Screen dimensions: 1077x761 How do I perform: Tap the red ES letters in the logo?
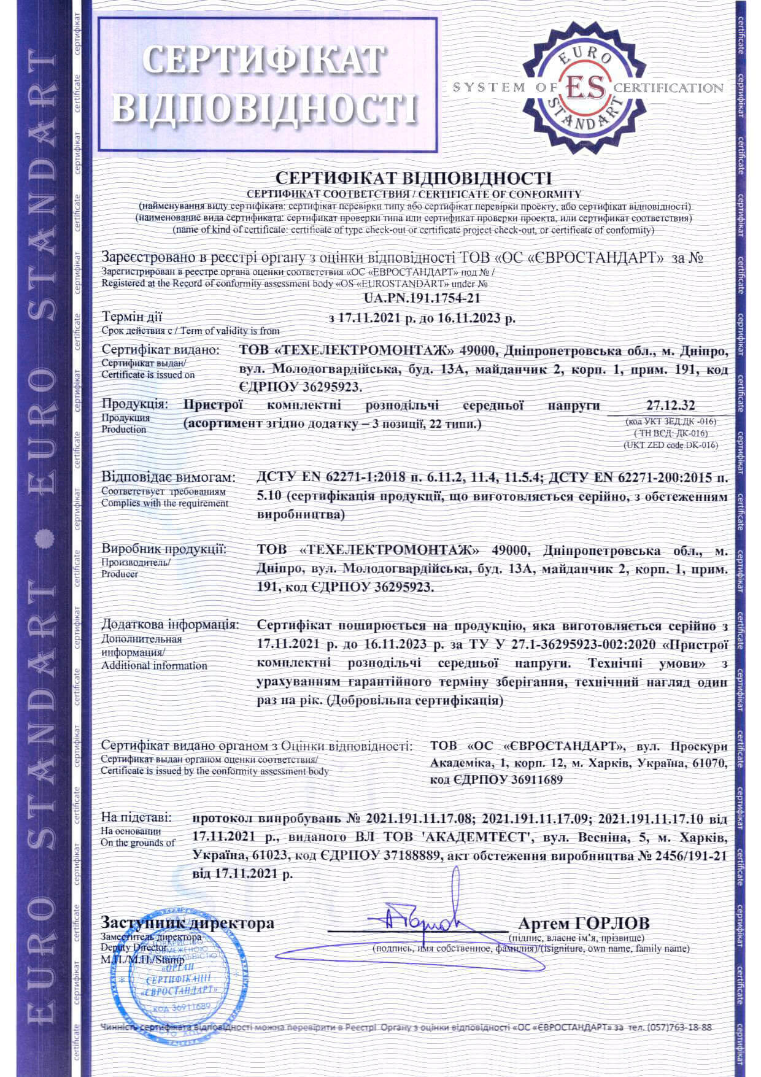584,87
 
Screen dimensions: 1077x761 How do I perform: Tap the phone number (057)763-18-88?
679,1027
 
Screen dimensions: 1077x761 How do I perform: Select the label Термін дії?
132,317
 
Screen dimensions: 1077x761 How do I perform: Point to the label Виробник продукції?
164,549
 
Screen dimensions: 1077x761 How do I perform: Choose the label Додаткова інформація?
170,625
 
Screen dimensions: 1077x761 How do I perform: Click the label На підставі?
137,818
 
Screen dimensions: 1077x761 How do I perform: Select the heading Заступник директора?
187,924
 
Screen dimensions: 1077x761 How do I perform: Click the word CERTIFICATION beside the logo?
669,88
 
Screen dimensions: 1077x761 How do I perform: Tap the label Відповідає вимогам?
168,477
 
